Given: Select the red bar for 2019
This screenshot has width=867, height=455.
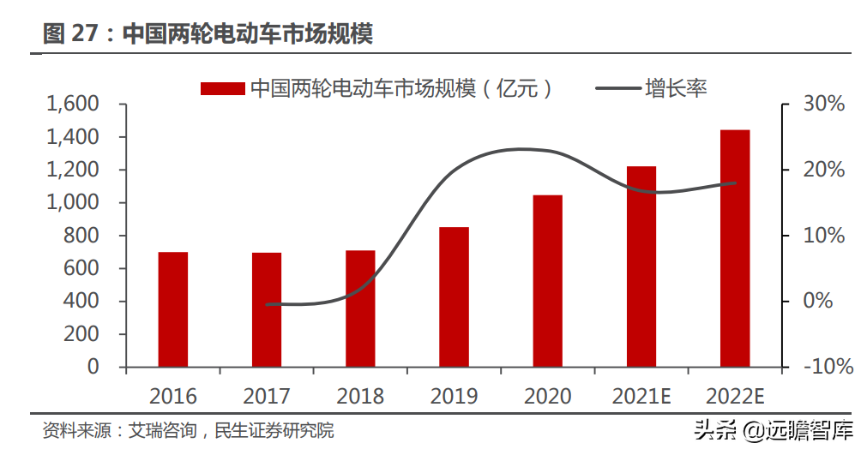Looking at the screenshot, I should (455, 297).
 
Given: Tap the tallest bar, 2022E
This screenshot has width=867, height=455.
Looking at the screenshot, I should (735, 248).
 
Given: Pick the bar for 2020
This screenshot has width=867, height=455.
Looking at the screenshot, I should (548, 281).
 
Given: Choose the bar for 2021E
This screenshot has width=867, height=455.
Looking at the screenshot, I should (641, 266).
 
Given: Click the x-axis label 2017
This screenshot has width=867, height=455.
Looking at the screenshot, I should (267, 397).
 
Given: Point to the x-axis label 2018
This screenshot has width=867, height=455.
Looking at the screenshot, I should (360, 397).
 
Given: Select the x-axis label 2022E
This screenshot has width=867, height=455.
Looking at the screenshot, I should (735, 397).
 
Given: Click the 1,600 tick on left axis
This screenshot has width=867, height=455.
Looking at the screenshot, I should (73, 105).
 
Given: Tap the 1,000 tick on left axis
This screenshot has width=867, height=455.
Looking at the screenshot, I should (73, 203).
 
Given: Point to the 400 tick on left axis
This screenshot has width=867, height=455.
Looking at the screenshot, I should (81, 302).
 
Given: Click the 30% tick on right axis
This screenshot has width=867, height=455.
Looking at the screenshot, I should (823, 105).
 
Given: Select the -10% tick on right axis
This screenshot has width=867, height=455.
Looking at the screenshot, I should (828, 367).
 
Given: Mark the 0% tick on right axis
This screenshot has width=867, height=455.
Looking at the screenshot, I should (819, 302).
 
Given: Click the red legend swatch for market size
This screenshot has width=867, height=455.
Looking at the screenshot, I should (223, 88).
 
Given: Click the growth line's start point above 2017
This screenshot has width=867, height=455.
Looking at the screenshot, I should (268, 304).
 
